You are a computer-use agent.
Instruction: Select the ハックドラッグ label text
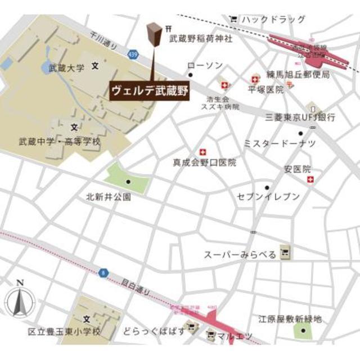[x=273, y=20]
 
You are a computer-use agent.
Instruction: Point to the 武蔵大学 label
[x=66, y=68]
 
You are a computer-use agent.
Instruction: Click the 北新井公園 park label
[x=109, y=197]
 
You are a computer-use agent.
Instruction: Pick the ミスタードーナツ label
[x=279, y=143]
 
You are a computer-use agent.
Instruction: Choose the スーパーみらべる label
[x=240, y=255]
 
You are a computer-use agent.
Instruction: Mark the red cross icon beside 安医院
[x=310, y=179]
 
